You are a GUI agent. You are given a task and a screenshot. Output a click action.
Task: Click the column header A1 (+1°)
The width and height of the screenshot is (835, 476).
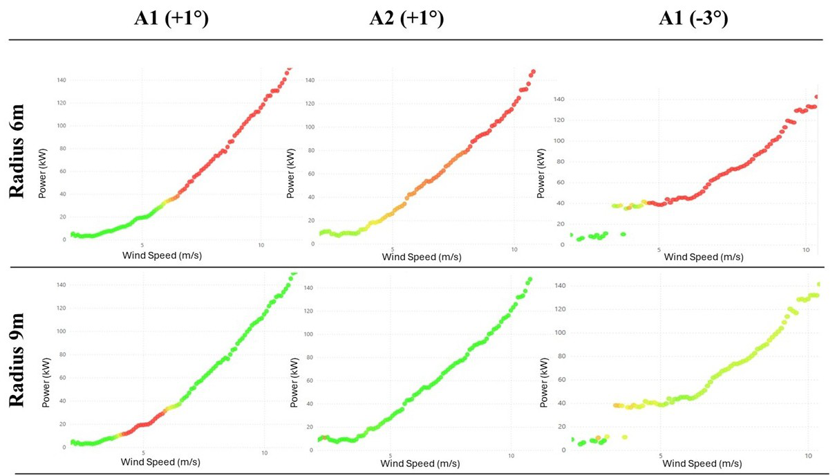point(171,19)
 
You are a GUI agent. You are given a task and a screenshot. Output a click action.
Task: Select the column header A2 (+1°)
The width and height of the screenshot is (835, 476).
point(406,19)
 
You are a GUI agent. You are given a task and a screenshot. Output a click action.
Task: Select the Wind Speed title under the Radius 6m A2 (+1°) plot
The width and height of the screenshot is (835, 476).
point(422,257)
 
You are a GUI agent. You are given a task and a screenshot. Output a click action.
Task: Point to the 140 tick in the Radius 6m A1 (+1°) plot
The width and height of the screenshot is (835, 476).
point(62,80)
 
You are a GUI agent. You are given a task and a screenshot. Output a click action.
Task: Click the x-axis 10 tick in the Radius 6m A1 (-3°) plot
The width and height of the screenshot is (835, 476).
point(805,249)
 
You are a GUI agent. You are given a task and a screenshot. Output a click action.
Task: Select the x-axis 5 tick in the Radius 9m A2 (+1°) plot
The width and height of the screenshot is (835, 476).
point(391,455)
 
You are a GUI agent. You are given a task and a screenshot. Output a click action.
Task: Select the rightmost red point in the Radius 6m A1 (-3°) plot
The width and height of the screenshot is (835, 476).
point(816,98)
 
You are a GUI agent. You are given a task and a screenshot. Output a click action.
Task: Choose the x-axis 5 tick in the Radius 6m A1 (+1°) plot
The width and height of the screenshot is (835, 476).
point(142,245)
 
